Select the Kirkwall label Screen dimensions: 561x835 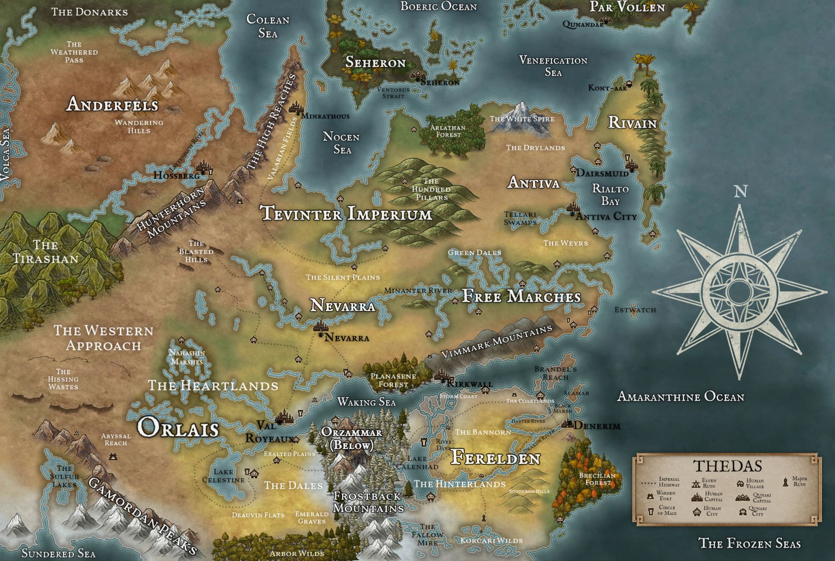470,383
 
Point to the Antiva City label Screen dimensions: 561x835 606,216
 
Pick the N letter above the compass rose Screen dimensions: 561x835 740,191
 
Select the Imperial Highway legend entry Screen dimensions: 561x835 669,482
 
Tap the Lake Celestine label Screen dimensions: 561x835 223,476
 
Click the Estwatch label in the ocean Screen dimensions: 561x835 635,310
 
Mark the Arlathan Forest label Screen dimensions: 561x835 448,131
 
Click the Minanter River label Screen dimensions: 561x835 418,290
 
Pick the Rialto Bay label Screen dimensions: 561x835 610,195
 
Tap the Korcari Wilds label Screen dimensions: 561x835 491,541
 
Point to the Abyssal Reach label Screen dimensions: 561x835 116,439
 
